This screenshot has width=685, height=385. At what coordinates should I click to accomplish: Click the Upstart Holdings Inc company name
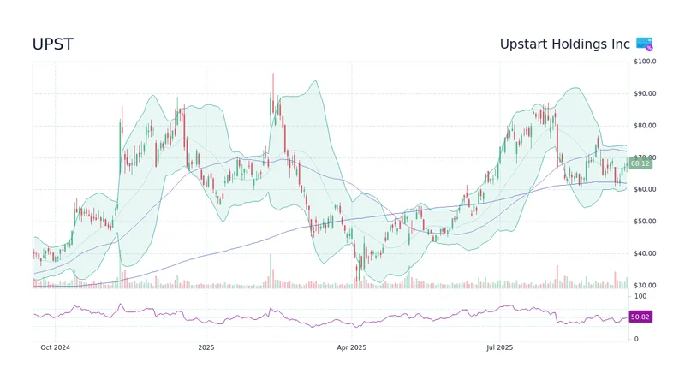565,44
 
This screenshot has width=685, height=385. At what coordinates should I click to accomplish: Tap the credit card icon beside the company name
645,44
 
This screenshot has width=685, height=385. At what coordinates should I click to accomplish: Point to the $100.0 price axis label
645,62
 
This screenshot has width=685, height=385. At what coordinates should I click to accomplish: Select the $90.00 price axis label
645,93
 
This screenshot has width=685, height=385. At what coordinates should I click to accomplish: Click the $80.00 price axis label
645,126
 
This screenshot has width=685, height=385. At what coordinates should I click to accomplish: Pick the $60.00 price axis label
645,190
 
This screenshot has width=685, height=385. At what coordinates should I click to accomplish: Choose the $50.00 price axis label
645,222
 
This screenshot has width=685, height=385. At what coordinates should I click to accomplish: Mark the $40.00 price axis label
645,253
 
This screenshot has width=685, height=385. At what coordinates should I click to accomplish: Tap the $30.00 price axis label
645,286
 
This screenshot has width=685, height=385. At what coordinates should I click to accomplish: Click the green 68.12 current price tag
640,163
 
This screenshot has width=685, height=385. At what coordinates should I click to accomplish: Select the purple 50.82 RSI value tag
640,317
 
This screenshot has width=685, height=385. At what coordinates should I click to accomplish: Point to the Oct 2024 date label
56,347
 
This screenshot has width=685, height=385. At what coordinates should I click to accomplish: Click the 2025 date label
205,347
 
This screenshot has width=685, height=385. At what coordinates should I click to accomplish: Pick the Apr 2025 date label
351,347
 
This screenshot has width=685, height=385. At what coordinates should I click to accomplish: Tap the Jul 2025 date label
498,347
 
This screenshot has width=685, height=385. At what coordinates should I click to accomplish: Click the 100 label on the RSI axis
640,296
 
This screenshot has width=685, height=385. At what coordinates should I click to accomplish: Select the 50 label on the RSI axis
638,317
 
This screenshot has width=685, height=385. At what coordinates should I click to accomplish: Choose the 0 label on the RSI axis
635,339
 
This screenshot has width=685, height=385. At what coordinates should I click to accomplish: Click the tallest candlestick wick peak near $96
273,74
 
